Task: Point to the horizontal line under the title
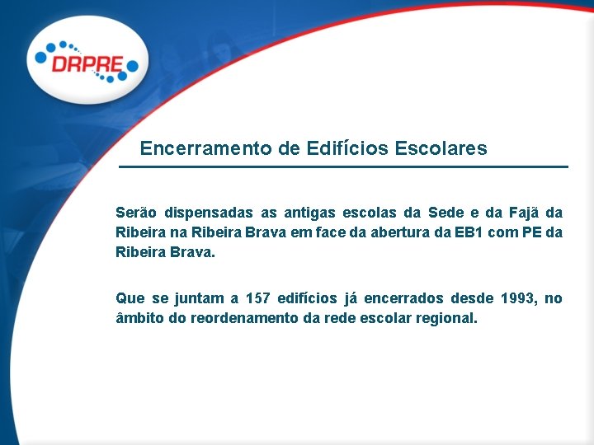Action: (343, 167)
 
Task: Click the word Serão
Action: (135, 213)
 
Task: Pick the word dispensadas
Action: (207, 213)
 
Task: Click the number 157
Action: (258, 298)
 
